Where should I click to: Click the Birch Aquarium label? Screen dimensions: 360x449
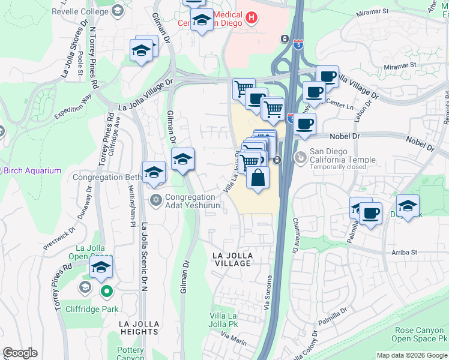click(32, 170)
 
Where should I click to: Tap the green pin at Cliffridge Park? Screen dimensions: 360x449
click(106, 292)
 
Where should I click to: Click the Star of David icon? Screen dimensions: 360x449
click(155, 200)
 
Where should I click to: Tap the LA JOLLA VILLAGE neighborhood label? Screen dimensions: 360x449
click(232, 259)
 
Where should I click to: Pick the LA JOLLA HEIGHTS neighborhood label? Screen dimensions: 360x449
click(131, 328)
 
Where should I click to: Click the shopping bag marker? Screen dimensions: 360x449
click(258, 178)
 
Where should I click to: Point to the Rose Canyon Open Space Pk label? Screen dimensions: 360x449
click(421, 335)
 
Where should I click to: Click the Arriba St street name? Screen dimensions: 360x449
click(403, 253)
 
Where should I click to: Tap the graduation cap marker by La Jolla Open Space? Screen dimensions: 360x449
click(101, 268)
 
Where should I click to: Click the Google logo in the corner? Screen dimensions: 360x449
click(20, 353)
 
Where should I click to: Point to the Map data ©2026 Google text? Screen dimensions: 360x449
click(412, 355)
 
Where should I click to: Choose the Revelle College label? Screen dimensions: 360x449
click(80, 11)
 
